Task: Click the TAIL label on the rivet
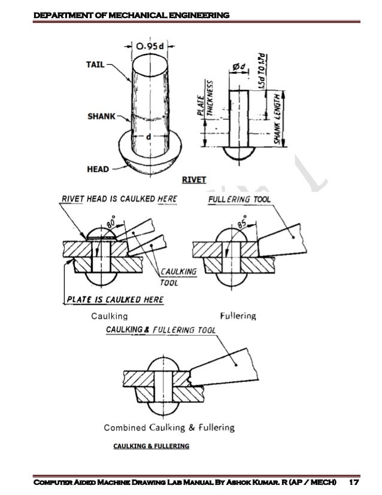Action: click(95, 64)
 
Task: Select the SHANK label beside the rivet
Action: click(102, 116)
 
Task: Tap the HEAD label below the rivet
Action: click(98, 169)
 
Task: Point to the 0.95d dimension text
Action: click(150, 46)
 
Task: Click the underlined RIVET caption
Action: click(194, 180)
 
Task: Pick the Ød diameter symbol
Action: click(239, 67)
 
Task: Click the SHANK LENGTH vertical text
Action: click(277, 119)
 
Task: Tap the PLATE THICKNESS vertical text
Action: click(205, 98)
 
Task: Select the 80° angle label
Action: click(111, 222)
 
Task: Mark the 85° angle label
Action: click(242, 221)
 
